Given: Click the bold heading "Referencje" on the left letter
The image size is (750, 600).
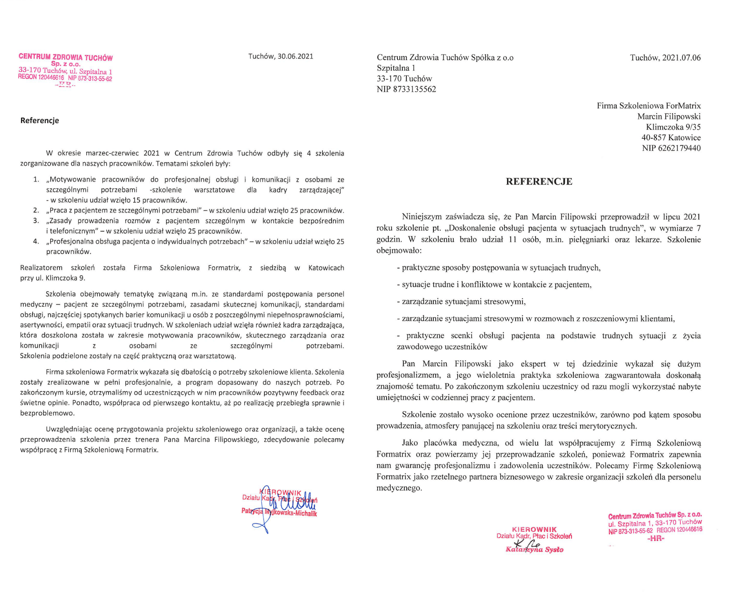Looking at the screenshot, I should [40, 120].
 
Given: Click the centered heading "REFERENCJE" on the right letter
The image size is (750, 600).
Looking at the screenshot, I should [539, 181].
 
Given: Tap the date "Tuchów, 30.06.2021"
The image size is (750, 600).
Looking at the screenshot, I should [280, 56].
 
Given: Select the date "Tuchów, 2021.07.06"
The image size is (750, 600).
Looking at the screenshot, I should [665, 58].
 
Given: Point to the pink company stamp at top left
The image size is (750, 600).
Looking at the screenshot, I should [65, 70].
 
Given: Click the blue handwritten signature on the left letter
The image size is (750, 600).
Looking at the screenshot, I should [285, 506].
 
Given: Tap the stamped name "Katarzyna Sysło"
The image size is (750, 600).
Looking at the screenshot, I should [534, 549].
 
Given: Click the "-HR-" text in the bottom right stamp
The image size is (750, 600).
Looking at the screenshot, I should [655, 538].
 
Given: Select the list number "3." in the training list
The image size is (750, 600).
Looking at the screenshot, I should [36, 221].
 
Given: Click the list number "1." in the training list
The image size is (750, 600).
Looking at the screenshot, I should [36, 180].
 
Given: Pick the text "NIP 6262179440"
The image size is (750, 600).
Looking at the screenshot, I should [671, 148].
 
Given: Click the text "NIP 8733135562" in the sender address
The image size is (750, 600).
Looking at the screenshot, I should [406, 89].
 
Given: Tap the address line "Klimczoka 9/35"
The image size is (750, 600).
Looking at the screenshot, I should [673, 127].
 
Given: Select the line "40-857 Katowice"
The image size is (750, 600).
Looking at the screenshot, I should [671, 138].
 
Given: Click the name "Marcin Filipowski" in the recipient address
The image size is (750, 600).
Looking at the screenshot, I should [669, 117].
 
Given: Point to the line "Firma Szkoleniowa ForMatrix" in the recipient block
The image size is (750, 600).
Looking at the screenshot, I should [648, 106].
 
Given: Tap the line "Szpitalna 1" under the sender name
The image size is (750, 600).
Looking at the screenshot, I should [396, 68].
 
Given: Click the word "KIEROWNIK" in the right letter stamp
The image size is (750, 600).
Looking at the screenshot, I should [534, 529].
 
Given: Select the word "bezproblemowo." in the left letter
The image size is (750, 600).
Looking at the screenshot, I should [48, 413].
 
